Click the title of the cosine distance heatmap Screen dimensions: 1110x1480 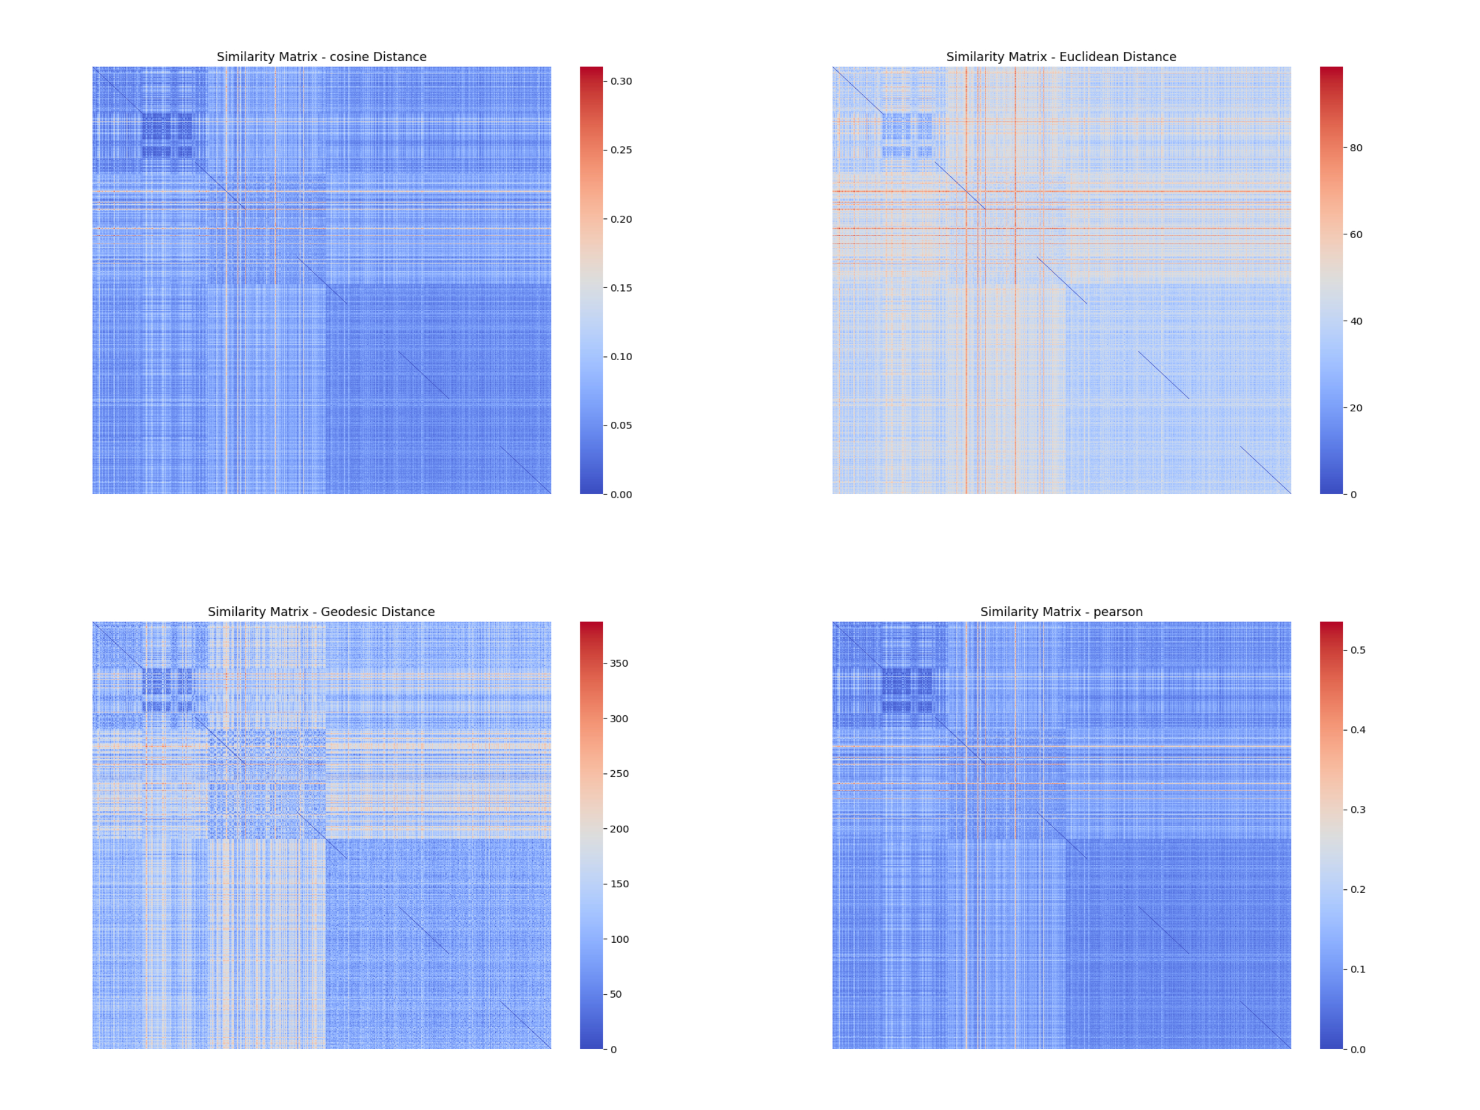pyautogui.click(x=321, y=57)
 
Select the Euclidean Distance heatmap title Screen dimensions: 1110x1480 pyautogui.click(x=1061, y=57)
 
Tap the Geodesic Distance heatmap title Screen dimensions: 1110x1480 pyautogui.click(x=321, y=612)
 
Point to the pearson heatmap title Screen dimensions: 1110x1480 pyautogui.click(x=1061, y=612)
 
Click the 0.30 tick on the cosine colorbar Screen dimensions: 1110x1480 pyautogui.click(x=620, y=81)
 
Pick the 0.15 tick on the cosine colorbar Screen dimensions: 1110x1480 pyautogui.click(x=620, y=288)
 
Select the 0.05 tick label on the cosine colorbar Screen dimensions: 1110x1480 pyautogui.click(x=620, y=425)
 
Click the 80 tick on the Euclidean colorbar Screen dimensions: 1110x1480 pyautogui.click(x=1355, y=148)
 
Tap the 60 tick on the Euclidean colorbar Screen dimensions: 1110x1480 pyautogui.click(x=1355, y=234)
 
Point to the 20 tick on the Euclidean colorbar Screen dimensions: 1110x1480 pyautogui.click(x=1355, y=408)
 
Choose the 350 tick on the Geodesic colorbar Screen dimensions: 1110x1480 pyautogui.click(x=619, y=663)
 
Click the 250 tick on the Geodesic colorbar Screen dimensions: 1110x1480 pyautogui.click(x=619, y=773)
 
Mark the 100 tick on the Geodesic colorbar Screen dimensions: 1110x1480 pyautogui.click(x=619, y=939)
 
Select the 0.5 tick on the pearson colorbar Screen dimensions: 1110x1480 pyautogui.click(x=1357, y=650)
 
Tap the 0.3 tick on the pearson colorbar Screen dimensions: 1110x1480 pyautogui.click(x=1357, y=810)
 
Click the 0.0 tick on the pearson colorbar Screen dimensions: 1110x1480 pyautogui.click(x=1357, y=1049)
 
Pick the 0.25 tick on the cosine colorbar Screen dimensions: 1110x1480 pyautogui.click(x=620, y=150)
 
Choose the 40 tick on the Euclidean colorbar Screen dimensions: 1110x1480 pyautogui.click(x=1355, y=321)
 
